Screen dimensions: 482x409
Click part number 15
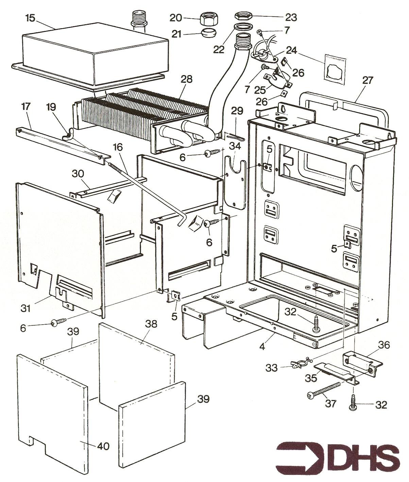click(30, 18)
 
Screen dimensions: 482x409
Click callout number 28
click(187, 79)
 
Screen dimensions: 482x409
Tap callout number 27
click(368, 80)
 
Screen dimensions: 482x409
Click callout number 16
click(119, 148)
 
